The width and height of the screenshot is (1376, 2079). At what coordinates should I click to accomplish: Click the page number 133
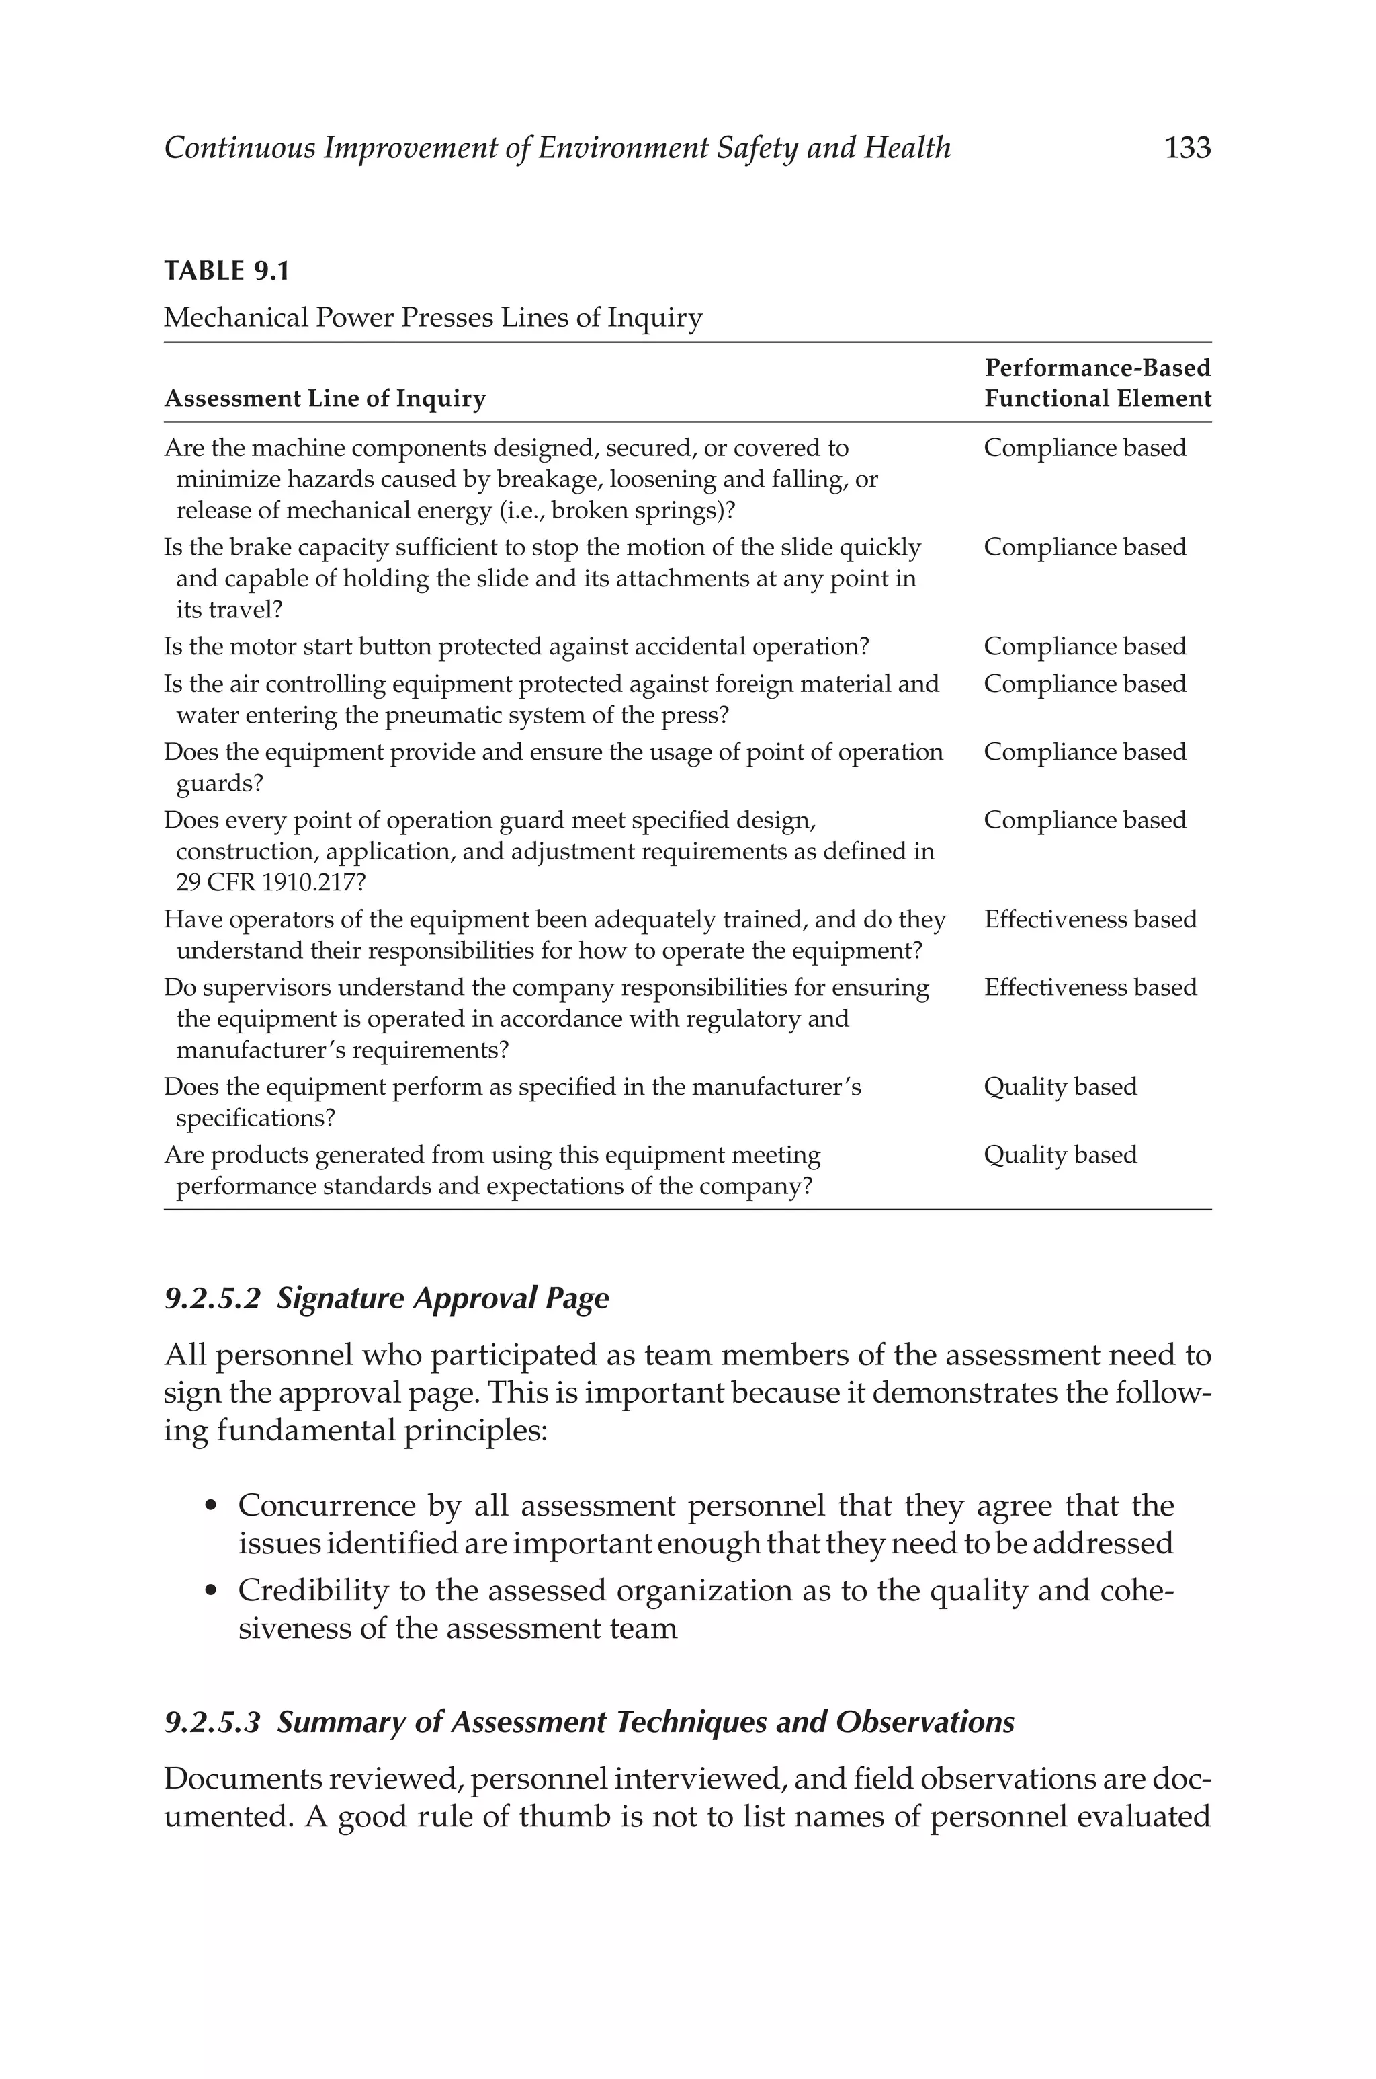[x=1187, y=149]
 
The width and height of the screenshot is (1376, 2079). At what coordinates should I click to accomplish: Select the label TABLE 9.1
[x=226, y=271]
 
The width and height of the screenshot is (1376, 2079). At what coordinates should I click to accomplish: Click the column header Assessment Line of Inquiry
[x=325, y=399]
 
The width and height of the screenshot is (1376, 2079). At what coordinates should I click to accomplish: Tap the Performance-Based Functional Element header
[x=1097, y=384]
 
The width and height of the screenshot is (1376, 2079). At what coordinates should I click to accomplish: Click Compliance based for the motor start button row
[x=1084, y=647]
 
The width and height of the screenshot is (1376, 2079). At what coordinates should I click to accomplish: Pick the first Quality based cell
[x=1060, y=1087]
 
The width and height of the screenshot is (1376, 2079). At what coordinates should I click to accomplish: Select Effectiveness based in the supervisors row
[x=1090, y=988]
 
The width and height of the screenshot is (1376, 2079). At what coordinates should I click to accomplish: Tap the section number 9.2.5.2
[x=212, y=1298]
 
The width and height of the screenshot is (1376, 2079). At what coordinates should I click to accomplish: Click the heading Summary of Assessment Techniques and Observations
[x=645, y=1723]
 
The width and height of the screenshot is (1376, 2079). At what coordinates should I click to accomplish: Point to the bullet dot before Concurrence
[x=210, y=1507]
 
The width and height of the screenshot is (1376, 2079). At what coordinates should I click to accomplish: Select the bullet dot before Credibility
[x=210, y=1592]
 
